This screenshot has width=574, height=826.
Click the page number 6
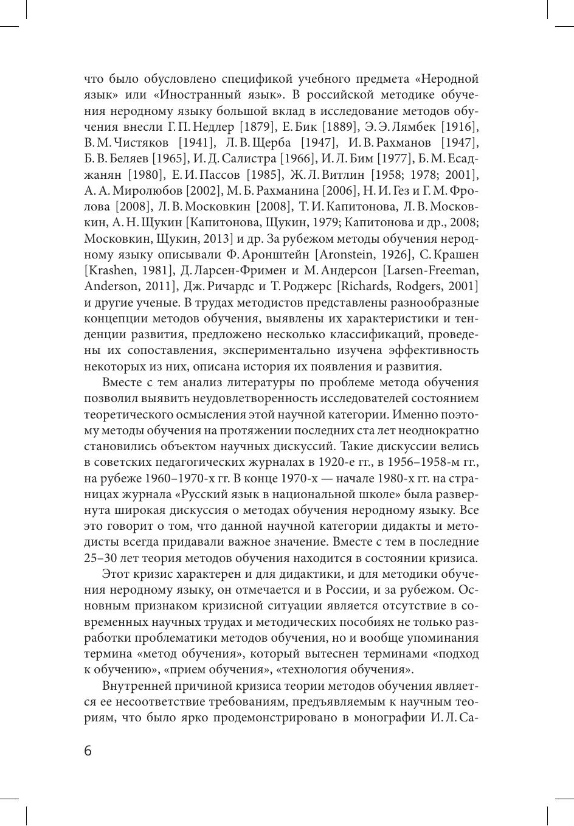click(x=88, y=751)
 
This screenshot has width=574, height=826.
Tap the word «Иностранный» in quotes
click(x=212, y=95)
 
